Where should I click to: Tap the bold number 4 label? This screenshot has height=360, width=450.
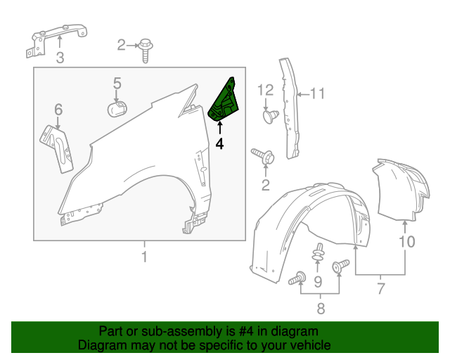(x=219, y=143)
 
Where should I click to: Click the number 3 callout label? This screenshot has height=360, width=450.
(x=60, y=58)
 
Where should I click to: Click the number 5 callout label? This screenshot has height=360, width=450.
(x=117, y=84)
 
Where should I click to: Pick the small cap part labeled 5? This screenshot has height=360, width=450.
(x=117, y=109)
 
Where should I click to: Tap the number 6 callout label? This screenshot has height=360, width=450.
(x=58, y=109)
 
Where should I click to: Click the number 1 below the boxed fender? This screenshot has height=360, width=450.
(x=144, y=257)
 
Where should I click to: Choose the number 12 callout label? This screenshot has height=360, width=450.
(x=264, y=89)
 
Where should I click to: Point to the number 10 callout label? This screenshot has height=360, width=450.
(x=406, y=243)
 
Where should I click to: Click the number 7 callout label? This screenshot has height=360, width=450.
(x=381, y=288)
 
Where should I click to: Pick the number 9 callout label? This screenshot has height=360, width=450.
(x=318, y=283)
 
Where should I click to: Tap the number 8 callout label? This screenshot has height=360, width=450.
(x=320, y=307)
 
